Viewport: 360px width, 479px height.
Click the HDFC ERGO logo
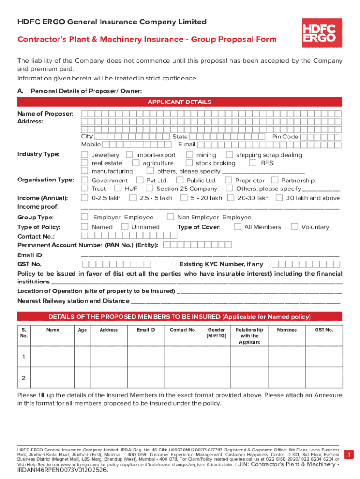[x=321, y=33]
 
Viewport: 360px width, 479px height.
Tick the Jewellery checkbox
[x=85, y=154]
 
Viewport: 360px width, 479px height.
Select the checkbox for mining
[x=189, y=154]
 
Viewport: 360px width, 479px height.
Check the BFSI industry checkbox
[x=252, y=163]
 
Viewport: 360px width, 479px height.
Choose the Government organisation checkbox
[x=85, y=180]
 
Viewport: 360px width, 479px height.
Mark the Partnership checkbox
[x=274, y=180]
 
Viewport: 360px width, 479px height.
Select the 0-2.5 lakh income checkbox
[x=85, y=198]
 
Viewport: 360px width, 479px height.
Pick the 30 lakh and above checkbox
[x=279, y=198]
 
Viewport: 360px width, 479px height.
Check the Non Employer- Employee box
[x=170, y=217]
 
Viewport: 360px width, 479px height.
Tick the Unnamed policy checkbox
[x=124, y=226]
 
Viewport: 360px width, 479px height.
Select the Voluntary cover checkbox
[x=295, y=226]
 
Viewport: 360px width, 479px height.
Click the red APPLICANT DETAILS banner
[x=180, y=102]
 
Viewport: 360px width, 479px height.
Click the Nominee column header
[x=287, y=330]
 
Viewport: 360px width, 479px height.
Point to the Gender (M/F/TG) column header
[x=216, y=333]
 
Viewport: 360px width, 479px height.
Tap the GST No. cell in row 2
[x=324, y=377]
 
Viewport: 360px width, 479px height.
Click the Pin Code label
[x=285, y=137]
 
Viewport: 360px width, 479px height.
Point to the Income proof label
[x=38, y=206]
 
